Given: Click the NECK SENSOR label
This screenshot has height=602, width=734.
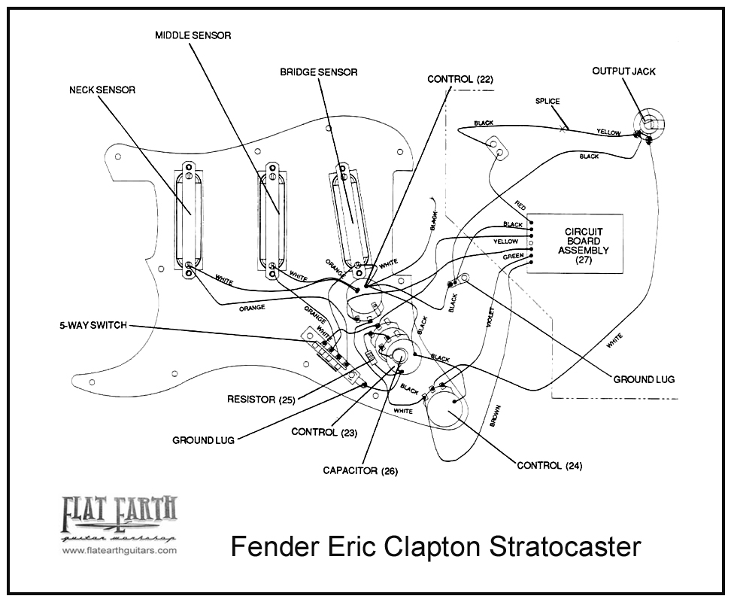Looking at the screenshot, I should point(102,90).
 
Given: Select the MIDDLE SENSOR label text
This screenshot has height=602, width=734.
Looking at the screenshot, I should point(193,35).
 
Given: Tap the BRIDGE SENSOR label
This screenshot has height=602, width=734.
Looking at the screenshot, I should point(319,72).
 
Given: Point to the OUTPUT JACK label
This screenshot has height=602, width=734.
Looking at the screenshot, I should point(623,71).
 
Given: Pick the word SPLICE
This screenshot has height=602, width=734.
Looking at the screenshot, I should point(547,102).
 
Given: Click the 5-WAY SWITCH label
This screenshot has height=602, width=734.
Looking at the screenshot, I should point(93,325).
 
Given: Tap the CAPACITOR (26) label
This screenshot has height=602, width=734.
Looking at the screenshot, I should point(360,471).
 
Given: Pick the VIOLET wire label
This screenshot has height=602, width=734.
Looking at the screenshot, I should point(490,319).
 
